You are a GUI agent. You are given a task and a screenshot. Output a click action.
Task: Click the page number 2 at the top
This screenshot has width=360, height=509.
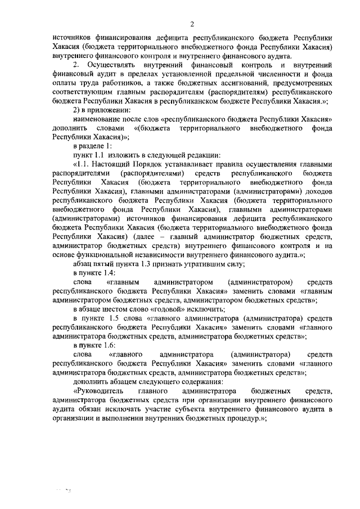pos(192,24)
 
